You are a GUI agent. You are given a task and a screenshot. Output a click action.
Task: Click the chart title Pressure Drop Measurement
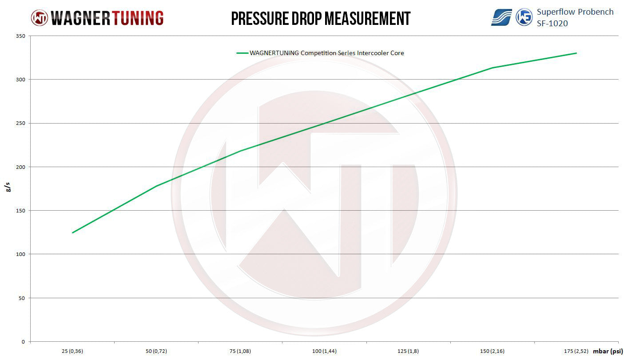[x=321, y=18]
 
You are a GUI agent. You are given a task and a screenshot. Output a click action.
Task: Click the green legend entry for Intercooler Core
[x=320, y=53]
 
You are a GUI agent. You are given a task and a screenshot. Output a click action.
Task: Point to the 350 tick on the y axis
[x=22, y=36]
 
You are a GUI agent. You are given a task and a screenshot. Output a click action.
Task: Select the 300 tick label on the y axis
[x=22, y=80]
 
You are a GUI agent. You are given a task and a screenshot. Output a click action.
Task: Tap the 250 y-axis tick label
[x=22, y=123]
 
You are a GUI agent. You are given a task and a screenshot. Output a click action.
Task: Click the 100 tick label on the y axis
[x=22, y=254]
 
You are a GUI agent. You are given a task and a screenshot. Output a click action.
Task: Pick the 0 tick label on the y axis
[x=24, y=342]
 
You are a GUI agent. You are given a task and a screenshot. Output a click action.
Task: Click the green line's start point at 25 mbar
[x=72, y=232]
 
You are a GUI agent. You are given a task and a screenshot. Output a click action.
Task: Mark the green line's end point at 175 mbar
[x=576, y=53]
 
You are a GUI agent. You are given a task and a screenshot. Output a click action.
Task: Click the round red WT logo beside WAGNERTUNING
[x=39, y=18]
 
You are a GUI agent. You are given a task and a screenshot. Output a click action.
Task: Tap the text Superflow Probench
[x=575, y=12]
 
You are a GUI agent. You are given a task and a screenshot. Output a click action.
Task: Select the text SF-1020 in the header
[x=552, y=23]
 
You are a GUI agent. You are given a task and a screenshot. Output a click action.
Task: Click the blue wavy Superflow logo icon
[x=501, y=17]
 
